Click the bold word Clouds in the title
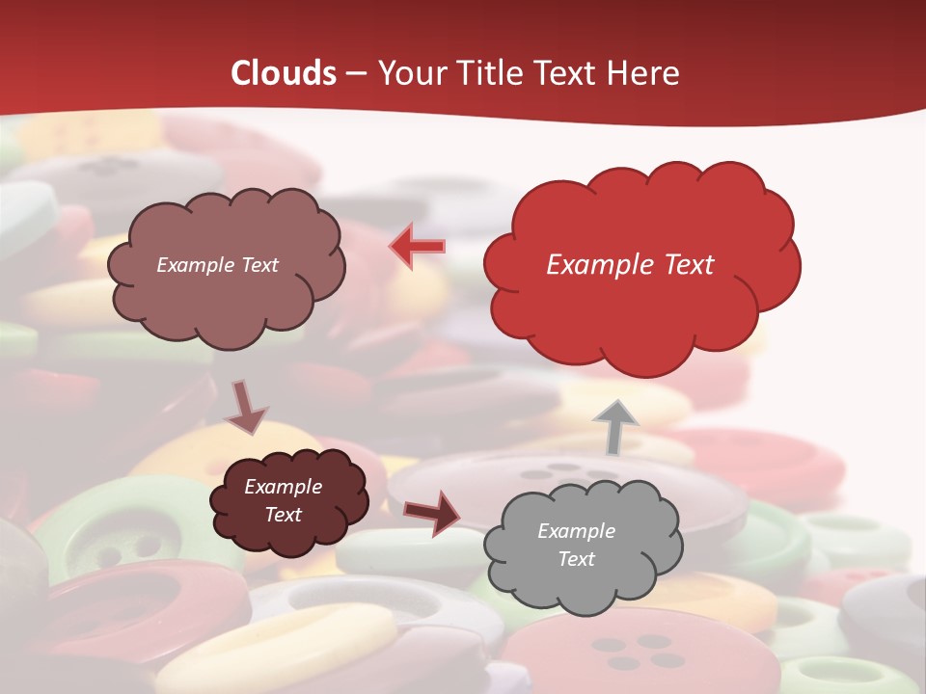pos(284,73)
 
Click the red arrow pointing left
pos(417,247)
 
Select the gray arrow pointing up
pos(615,427)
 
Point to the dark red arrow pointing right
pos(432,512)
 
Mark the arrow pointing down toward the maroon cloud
pos(245,407)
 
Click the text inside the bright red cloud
pos(630,265)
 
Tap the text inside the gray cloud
pos(576,545)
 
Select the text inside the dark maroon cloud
pos(283,500)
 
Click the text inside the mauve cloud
pos(217,265)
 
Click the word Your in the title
pos(409,73)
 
